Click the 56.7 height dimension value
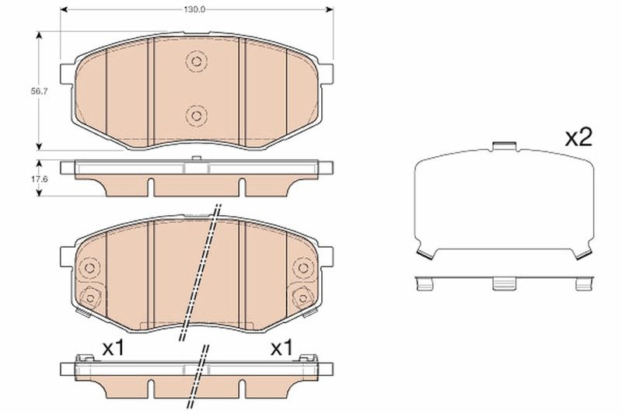[39, 91]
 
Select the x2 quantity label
[578, 137]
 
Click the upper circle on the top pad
[196, 61]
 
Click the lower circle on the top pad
[196, 116]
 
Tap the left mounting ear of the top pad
[67, 74]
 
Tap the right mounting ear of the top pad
[326, 74]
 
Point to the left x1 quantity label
[113, 348]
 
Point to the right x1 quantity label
[281, 348]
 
